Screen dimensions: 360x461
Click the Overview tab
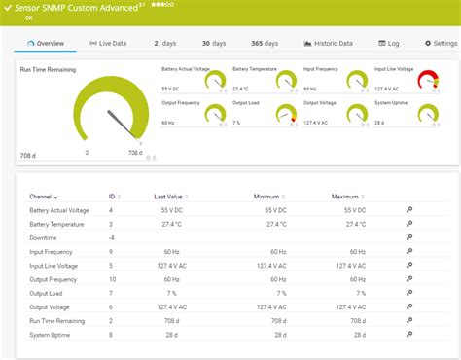click(x=46, y=43)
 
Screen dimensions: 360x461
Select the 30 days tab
click(x=213, y=43)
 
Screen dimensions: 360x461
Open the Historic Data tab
click(x=328, y=43)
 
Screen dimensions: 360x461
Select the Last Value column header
click(x=167, y=196)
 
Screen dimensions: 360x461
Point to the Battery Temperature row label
click(x=57, y=223)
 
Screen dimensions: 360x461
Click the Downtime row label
click(x=44, y=236)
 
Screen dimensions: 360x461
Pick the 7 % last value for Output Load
click(x=171, y=292)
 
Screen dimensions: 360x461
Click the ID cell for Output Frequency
click(x=112, y=278)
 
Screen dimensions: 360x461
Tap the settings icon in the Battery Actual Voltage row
click(x=408, y=209)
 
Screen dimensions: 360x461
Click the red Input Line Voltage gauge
click(x=428, y=84)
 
